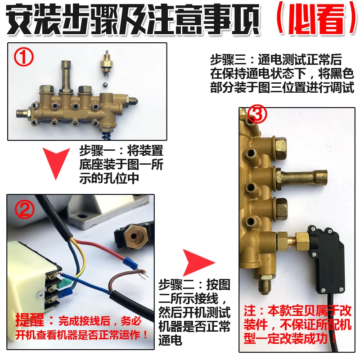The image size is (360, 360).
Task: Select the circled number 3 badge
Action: coord(255,116)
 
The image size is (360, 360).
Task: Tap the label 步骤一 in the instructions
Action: coord(96,149)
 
